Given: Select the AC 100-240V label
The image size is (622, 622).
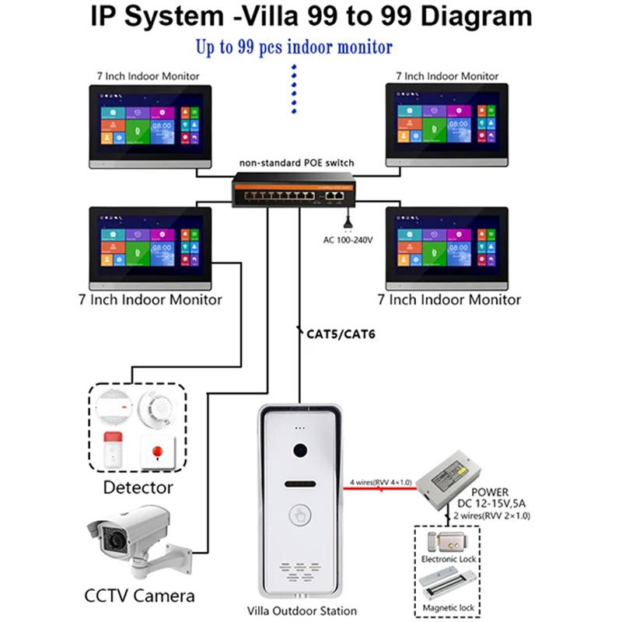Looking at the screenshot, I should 348,239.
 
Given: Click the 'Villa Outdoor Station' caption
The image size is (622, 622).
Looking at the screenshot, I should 301,610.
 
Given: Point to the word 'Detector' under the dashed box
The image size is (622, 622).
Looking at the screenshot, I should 138,488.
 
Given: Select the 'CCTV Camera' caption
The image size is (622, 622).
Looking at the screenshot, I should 139,597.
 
